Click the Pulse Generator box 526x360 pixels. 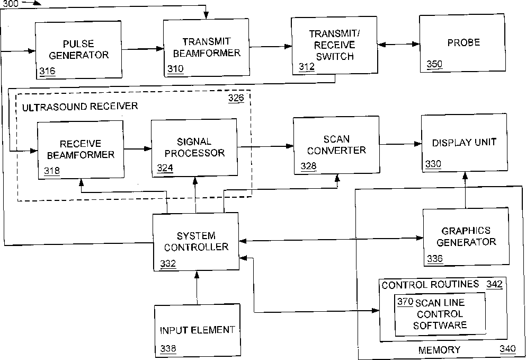(x=78, y=50)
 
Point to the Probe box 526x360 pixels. (x=462, y=42)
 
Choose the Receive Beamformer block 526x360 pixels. (x=80, y=150)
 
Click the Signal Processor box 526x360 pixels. (x=194, y=147)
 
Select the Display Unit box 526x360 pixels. (x=464, y=143)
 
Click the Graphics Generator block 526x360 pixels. (x=465, y=236)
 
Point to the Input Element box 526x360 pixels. (x=197, y=330)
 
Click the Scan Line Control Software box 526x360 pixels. (x=440, y=314)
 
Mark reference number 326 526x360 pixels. (x=236, y=99)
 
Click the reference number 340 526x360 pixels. (x=507, y=349)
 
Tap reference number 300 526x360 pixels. (x=11, y=4)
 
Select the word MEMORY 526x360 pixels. (x=439, y=349)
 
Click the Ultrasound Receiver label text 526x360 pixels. (x=79, y=107)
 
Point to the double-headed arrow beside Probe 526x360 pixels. (x=398, y=45)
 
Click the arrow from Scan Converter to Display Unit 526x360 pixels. (x=400, y=143)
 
